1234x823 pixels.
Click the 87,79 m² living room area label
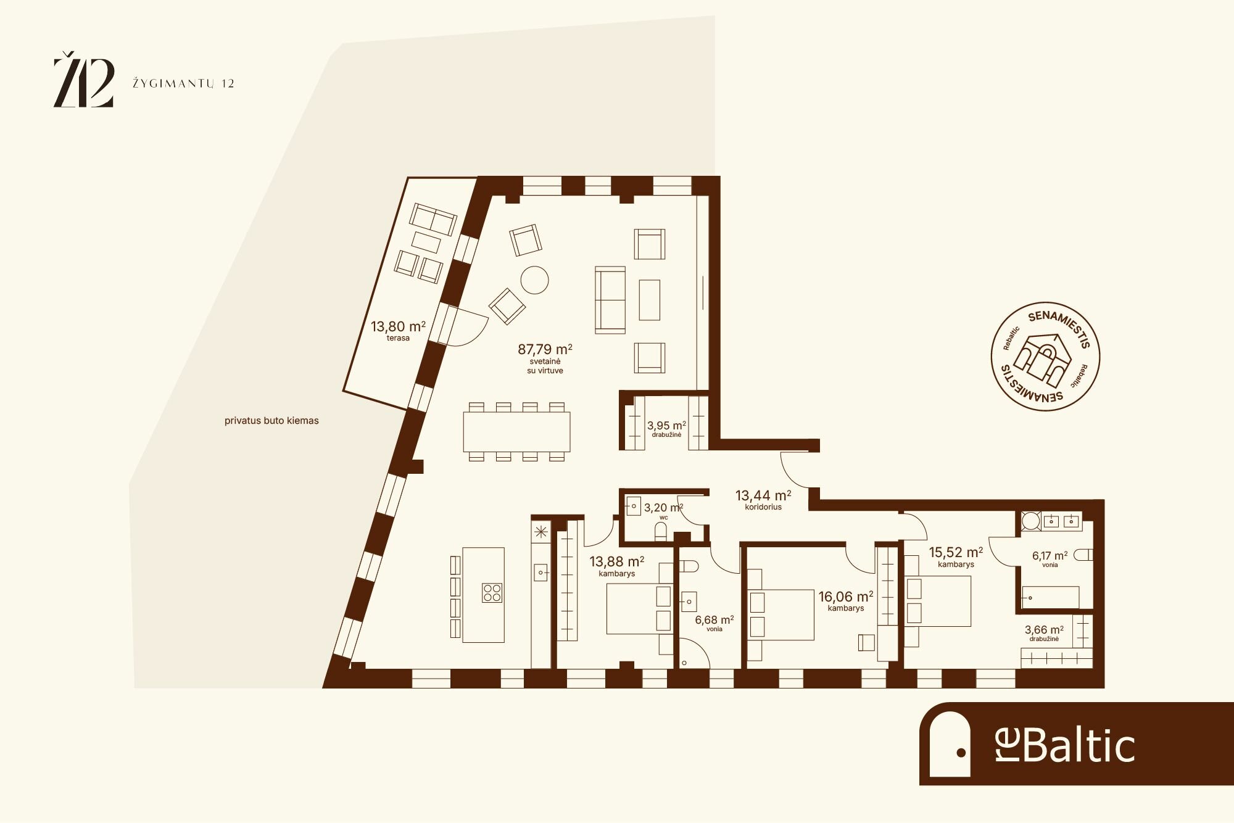click(545, 358)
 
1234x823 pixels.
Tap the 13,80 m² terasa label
click(398, 330)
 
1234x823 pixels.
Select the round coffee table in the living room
click(534, 280)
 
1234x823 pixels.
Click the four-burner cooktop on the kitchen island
click(492, 593)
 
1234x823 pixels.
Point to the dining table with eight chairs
click(516, 432)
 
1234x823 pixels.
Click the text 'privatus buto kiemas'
click(271, 421)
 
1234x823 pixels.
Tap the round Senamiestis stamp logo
click(1046, 356)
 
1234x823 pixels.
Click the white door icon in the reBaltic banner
click(950, 744)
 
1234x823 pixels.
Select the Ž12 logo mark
click(84, 80)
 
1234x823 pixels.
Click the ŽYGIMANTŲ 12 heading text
click(183, 84)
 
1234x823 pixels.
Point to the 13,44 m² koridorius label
click(763, 500)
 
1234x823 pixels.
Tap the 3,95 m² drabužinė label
click(666, 428)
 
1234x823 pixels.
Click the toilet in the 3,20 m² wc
click(661, 531)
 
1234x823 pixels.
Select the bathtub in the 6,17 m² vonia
click(1051, 597)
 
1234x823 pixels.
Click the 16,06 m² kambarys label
click(846, 600)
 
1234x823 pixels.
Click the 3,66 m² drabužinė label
click(1044, 633)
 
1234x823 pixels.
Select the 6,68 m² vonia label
click(714, 623)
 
